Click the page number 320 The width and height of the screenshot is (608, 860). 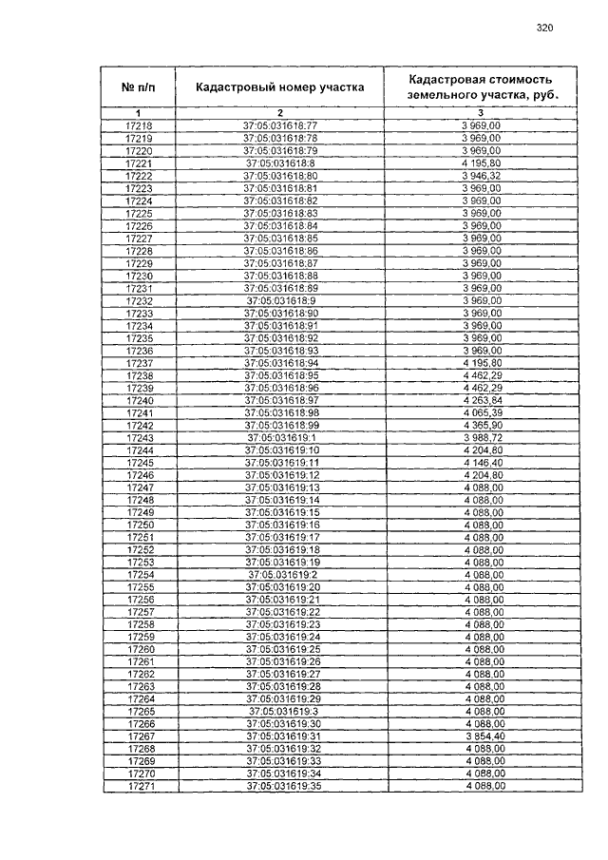point(544,29)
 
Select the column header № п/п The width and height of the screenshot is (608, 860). point(138,87)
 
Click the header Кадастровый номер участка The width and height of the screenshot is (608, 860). point(279,87)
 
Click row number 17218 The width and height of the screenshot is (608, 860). point(139,125)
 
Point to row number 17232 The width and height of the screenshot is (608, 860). point(139,300)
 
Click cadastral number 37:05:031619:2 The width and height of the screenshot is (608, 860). point(282,575)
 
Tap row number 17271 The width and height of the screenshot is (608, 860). point(140,787)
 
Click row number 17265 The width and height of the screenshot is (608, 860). point(140,712)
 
